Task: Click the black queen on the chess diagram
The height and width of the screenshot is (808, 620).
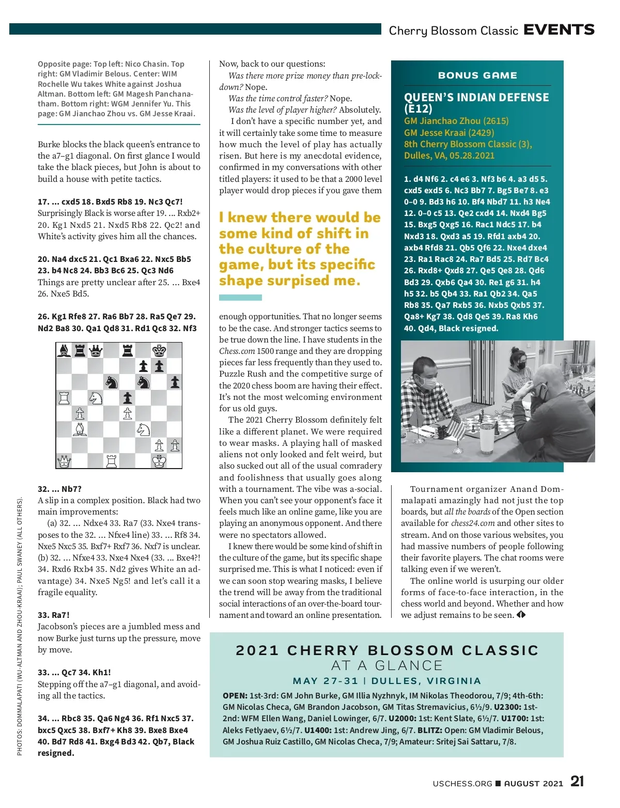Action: tap(96, 351)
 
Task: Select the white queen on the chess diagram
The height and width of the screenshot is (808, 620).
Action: tap(64, 461)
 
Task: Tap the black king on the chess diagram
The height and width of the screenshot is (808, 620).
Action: tap(159, 351)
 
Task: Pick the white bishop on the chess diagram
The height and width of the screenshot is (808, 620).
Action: tap(80, 429)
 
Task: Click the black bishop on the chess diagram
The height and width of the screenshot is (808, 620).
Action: tap(64, 351)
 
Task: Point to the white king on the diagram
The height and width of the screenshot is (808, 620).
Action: tap(159, 461)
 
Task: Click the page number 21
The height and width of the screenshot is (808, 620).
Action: tap(577, 781)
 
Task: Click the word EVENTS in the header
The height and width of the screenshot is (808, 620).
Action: tap(559, 30)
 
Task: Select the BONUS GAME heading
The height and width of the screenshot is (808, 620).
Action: tap(477, 75)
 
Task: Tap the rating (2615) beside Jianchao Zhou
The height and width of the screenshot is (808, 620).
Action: tap(496, 121)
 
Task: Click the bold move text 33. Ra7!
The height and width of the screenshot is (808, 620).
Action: tap(54, 615)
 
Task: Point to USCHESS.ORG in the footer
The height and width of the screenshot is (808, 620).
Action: tap(462, 784)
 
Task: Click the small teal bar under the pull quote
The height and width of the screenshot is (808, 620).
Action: tap(240, 298)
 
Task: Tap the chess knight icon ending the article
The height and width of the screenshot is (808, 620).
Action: tap(521, 615)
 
